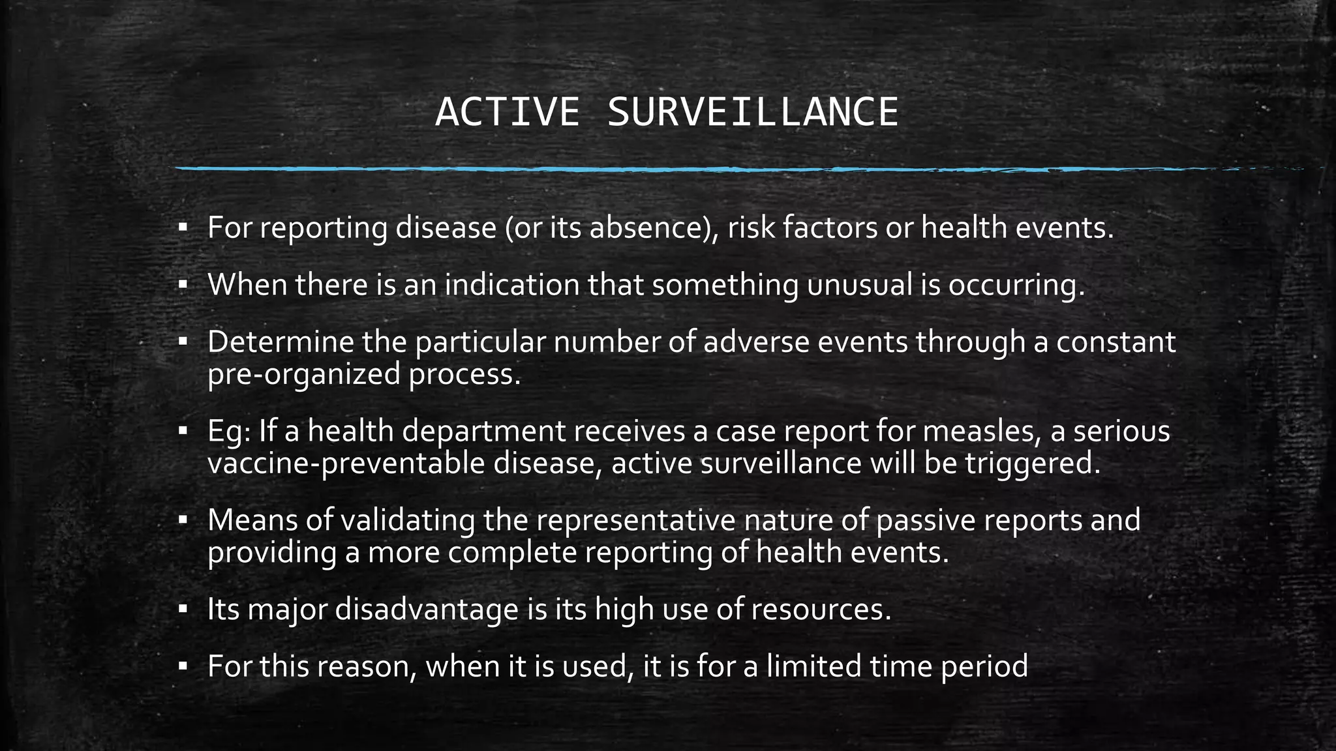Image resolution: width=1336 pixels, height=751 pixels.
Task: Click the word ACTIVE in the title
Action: (x=507, y=112)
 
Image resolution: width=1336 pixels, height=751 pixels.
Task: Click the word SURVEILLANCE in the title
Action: (x=753, y=112)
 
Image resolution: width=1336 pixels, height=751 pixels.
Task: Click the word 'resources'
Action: (x=821, y=609)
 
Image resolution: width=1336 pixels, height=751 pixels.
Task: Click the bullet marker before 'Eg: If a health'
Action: (x=183, y=431)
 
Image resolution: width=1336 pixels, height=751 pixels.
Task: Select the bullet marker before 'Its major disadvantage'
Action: (x=183, y=610)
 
